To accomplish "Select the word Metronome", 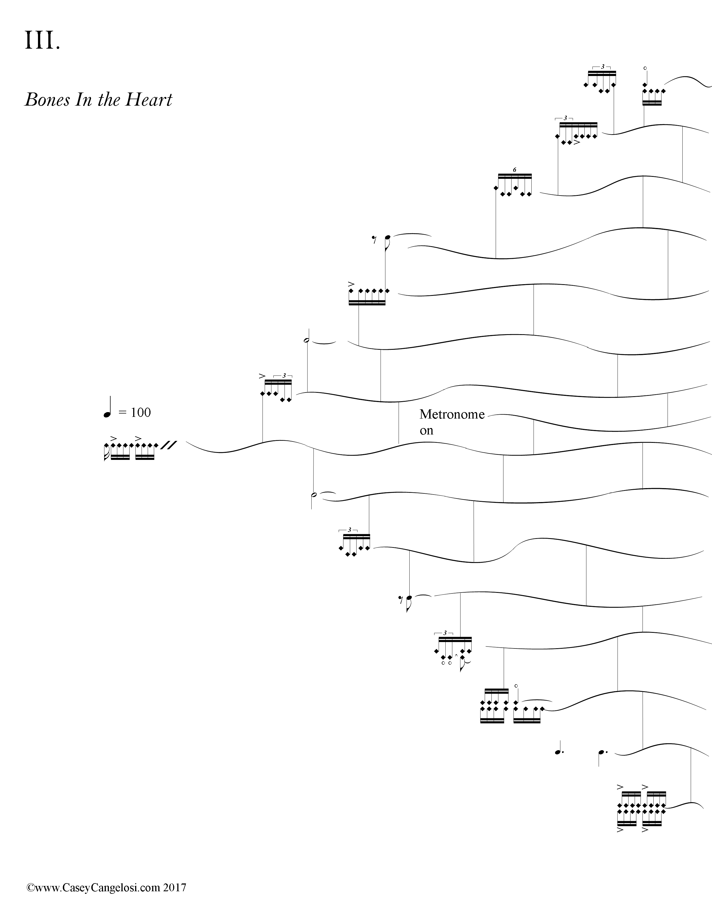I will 452,415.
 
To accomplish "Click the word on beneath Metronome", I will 426,431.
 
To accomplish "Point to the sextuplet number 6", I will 514,170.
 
